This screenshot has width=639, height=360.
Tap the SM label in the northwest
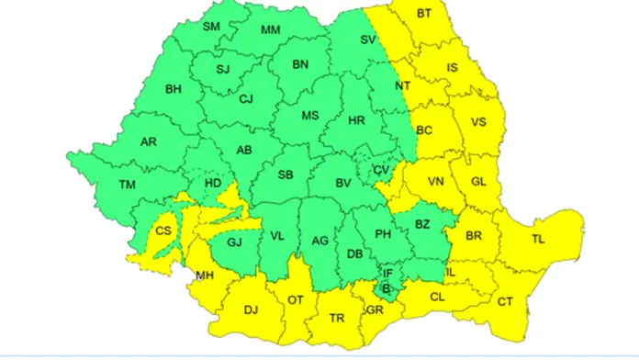212,27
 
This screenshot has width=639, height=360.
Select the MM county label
270,30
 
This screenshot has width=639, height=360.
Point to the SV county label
368,39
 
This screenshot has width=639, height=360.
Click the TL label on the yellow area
538,239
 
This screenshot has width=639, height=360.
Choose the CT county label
505,301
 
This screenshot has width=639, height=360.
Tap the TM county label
128,185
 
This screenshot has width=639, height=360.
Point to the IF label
387,273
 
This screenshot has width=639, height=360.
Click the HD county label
213,184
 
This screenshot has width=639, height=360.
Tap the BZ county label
422,223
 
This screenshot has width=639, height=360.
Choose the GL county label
478,182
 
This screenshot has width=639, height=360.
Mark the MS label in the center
310,116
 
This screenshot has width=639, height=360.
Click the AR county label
149,142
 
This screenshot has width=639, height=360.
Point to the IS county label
452,67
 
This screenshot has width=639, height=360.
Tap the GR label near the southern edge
374,309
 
